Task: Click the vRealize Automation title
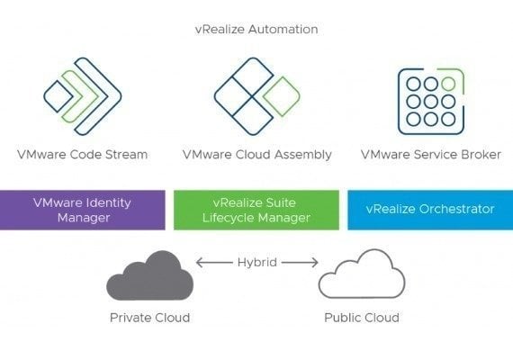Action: [256, 29]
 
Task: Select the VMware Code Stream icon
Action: [83, 96]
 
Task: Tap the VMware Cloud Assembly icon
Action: [256, 96]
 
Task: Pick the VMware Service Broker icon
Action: [431, 102]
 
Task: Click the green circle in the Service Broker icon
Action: [448, 84]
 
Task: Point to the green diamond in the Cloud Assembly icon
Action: [282, 96]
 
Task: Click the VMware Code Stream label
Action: [83, 155]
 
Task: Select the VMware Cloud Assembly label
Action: [257, 155]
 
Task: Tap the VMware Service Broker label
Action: [431, 155]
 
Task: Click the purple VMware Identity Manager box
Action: [83, 210]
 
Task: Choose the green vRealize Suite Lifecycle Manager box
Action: [256, 210]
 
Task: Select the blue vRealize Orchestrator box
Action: [430, 210]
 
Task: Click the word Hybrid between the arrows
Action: [257, 263]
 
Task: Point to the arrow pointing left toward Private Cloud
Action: [214, 263]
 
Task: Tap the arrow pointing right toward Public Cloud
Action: [300, 263]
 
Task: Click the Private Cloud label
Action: [149, 318]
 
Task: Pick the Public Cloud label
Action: [362, 318]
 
